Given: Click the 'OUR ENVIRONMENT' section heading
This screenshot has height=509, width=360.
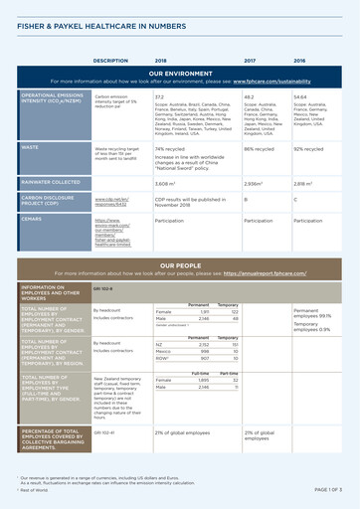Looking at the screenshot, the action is tap(179, 73).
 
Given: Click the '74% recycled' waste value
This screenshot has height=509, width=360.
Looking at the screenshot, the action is tap(172, 148).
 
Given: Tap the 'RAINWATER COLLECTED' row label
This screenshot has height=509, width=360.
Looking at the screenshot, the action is tap(53, 183).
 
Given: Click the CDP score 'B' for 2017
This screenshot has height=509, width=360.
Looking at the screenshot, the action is tap(246, 199).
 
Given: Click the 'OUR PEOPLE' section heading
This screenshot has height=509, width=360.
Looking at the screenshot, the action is tap(179, 265).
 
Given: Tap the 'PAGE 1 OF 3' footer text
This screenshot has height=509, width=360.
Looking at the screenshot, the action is tap(328, 490).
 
